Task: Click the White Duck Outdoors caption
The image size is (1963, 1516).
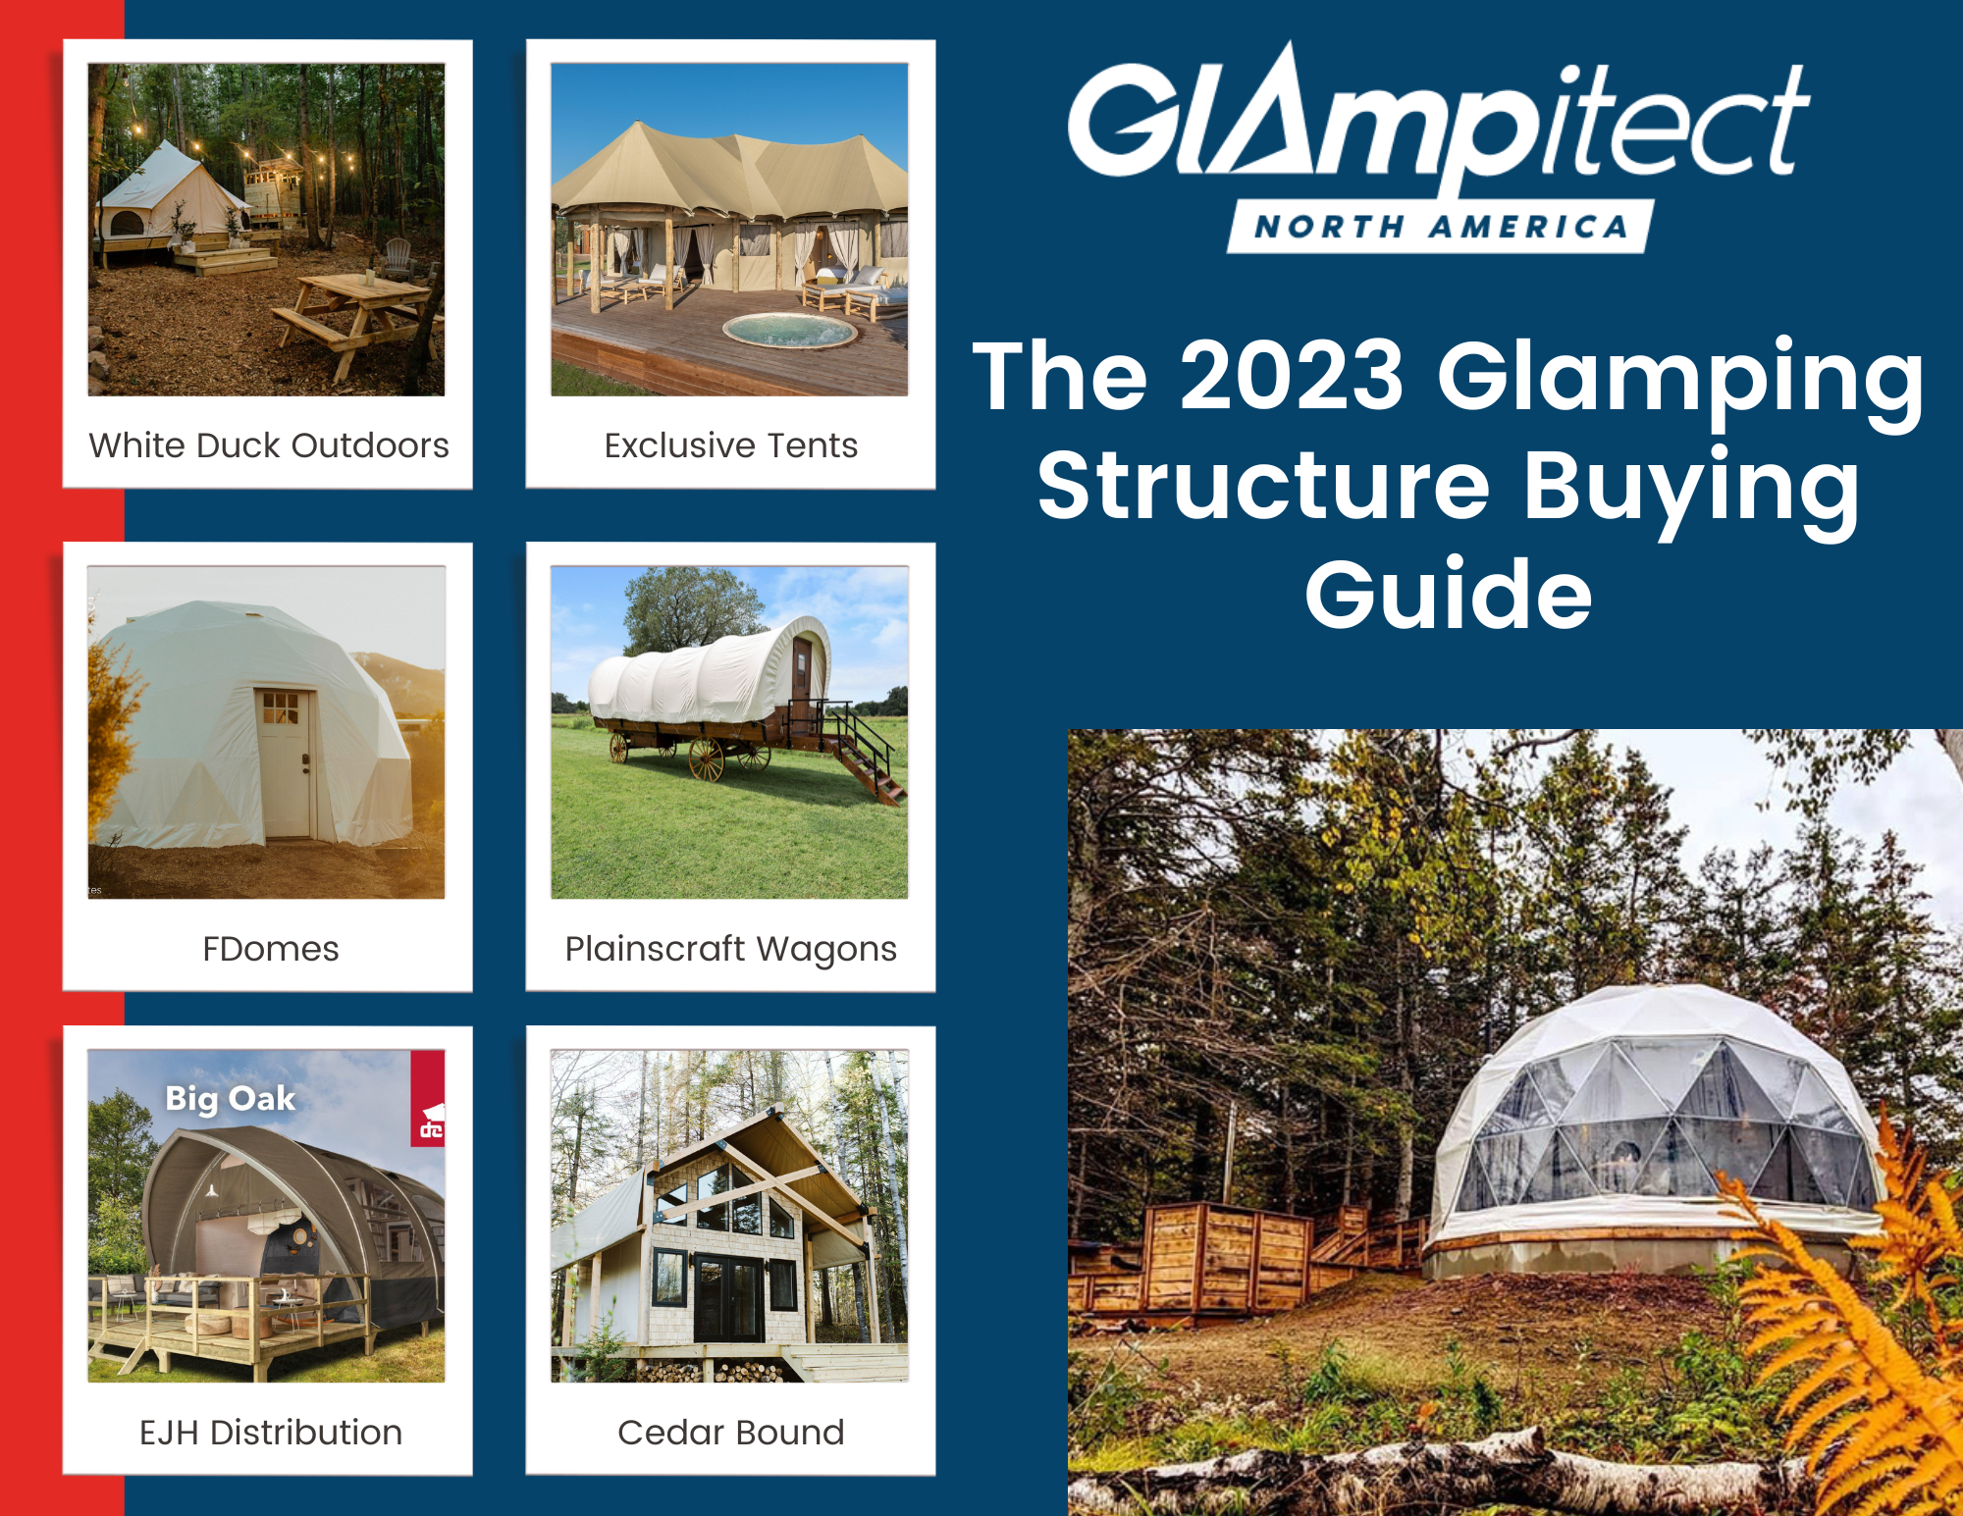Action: click(269, 445)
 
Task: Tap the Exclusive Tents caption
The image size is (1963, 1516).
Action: click(731, 445)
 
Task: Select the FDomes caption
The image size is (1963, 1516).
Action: click(271, 949)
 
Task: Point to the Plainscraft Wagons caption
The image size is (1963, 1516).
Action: click(731, 949)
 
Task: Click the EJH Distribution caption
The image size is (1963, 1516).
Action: click(271, 1433)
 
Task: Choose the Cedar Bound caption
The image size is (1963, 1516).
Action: click(731, 1433)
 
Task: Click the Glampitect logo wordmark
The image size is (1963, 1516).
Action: click(1439, 123)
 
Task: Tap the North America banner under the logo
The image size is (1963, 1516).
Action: click(1441, 227)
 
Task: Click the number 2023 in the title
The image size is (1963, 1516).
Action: click(1292, 375)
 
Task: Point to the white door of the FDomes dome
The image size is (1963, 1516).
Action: click(286, 762)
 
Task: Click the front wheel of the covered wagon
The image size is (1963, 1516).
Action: click(706, 758)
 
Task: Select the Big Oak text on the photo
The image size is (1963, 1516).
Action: click(230, 1099)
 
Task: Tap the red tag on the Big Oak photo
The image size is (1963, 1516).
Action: click(428, 1098)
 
